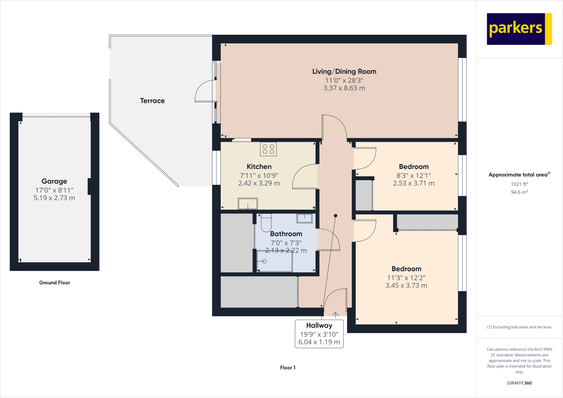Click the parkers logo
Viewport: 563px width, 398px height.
coord(519,29)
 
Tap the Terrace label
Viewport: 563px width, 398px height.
coord(152,101)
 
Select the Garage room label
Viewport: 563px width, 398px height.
coord(54,181)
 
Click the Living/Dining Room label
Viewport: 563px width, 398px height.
coord(344,71)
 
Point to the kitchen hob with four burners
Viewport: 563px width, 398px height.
coord(268,149)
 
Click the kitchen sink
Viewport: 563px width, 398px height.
coord(248,204)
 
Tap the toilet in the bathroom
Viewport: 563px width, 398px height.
coord(266,223)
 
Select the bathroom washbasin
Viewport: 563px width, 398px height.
coord(305,218)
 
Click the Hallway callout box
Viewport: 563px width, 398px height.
coord(319,334)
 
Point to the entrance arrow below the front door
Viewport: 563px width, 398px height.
coord(335,315)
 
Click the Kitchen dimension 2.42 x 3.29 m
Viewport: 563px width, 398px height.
coord(259,183)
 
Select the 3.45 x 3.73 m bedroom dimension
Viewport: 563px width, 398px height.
coord(406,286)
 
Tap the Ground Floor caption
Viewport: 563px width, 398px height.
coord(54,283)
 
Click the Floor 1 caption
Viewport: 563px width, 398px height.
coord(288,368)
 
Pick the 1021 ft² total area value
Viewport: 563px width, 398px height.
coord(519,184)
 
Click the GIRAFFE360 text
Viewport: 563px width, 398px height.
coord(519,383)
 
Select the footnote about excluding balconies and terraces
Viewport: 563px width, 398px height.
coord(519,327)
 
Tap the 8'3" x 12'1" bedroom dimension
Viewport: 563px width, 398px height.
coord(414,176)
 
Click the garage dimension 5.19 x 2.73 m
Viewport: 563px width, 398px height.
coord(54,198)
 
